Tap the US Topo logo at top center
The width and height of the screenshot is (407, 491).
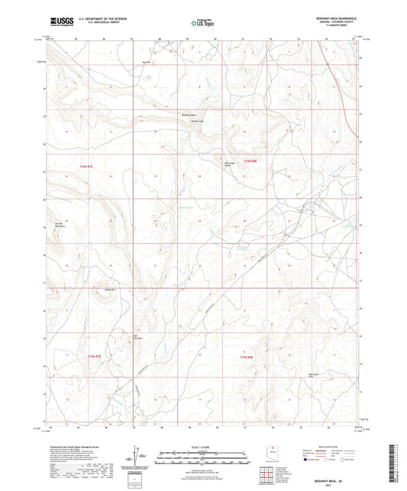(201, 24)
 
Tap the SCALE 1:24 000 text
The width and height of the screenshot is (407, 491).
(203, 446)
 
